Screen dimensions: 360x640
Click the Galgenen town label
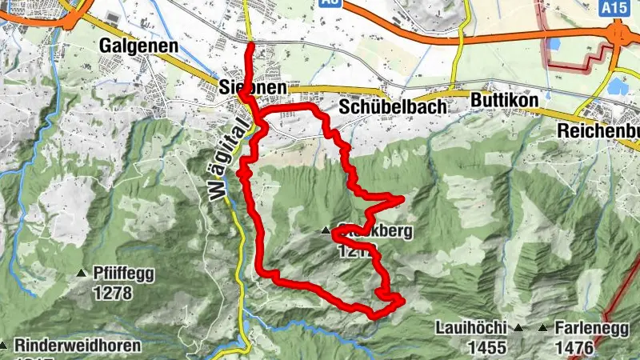coord(138,46)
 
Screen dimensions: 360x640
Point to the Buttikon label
coord(504,99)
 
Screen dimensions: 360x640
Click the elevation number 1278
coord(111,293)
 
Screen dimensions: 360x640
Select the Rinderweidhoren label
coord(77,346)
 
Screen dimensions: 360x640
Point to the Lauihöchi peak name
coord(472,328)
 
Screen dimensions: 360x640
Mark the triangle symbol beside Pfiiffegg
coord(82,274)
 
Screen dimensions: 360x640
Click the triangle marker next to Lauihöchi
coord(518,328)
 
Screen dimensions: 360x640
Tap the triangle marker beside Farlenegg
coord(544,328)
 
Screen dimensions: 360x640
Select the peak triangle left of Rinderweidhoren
coord(2,346)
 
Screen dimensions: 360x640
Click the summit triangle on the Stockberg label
coord(326,231)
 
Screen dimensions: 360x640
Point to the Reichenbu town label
coord(598,130)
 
